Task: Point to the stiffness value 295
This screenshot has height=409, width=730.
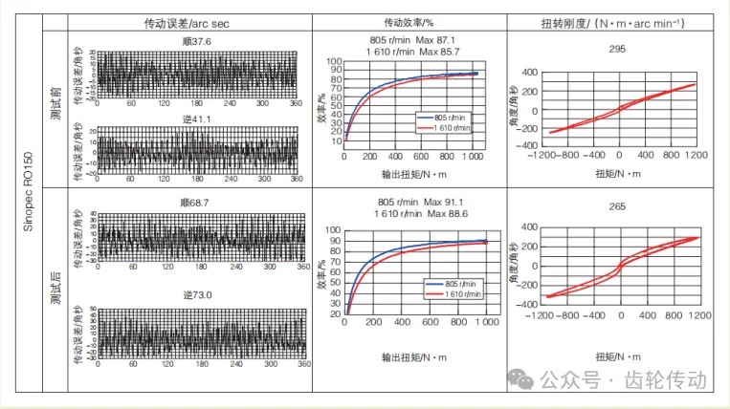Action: pyautogui.click(x=617, y=50)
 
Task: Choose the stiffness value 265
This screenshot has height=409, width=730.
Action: pyautogui.click(x=617, y=205)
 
